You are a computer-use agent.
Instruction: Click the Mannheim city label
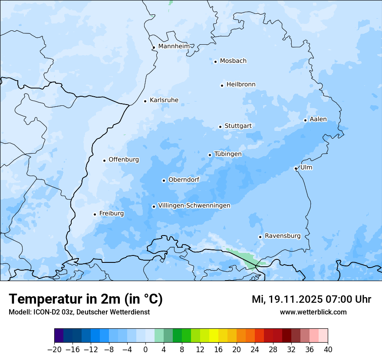(x=174, y=46)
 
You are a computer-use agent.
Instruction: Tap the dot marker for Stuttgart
(x=220, y=127)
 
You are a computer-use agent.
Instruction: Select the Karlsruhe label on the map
(x=164, y=100)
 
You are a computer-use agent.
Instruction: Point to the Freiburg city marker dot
(x=95, y=214)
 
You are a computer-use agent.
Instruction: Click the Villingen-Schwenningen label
(x=194, y=206)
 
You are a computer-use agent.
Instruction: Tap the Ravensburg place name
(x=283, y=236)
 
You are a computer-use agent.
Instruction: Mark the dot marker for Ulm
(x=296, y=168)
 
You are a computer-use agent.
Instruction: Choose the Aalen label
(x=318, y=119)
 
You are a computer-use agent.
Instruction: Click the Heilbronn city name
(x=241, y=85)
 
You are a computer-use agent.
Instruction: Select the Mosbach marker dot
(x=215, y=62)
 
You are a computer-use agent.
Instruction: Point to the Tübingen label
(x=228, y=154)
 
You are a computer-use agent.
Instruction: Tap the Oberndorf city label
(x=184, y=180)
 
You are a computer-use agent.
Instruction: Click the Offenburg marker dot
(x=104, y=160)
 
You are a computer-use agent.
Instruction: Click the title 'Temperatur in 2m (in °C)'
(x=86, y=299)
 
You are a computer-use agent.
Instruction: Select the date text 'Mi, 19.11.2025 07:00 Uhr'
(x=311, y=299)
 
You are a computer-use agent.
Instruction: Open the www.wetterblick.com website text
(x=313, y=312)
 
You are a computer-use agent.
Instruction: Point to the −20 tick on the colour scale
(x=54, y=349)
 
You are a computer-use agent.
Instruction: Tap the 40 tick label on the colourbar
(x=328, y=349)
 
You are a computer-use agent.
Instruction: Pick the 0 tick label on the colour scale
(x=145, y=349)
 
